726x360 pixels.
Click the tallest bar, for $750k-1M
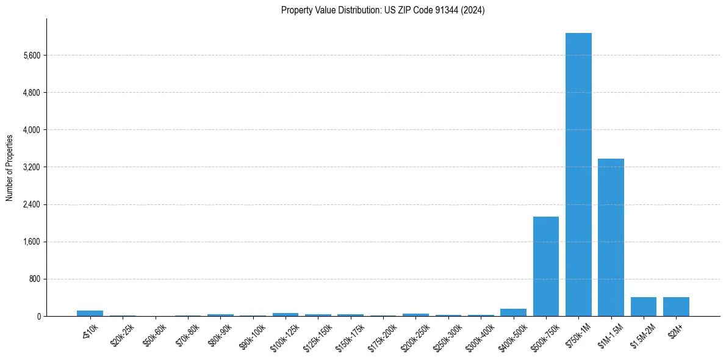click(578, 175)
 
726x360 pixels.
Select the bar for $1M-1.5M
click(611, 237)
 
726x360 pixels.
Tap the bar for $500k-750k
click(546, 267)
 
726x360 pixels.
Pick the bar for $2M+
click(676, 307)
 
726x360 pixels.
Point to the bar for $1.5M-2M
click(644, 307)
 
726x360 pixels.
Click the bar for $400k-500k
click(513, 312)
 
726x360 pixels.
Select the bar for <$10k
click(90, 314)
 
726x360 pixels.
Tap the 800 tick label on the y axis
click(34, 279)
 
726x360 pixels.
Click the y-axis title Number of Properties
click(10, 167)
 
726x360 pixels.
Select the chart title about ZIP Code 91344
click(383, 10)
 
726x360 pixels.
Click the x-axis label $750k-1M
click(575, 334)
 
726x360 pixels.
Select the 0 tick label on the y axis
click(38, 317)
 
